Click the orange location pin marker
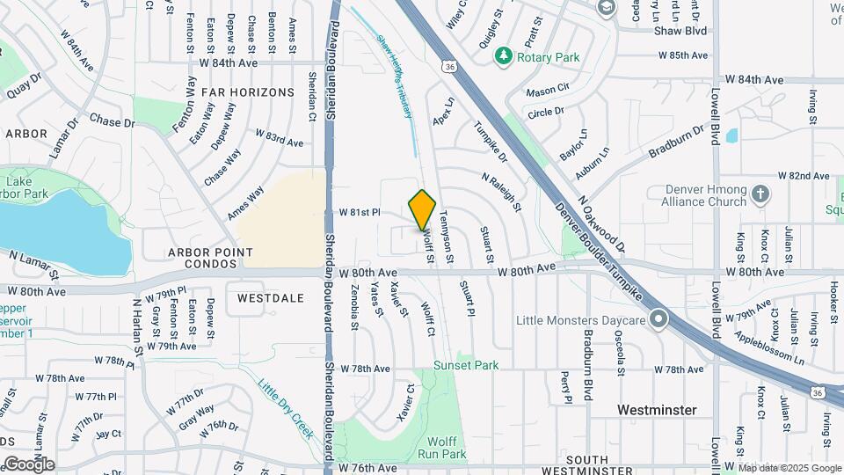(423, 209)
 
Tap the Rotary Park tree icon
(504, 57)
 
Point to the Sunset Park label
(466, 365)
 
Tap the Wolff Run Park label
(443, 448)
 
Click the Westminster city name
(657, 410)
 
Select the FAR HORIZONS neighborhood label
(247, 91)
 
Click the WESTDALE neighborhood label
(270, 298)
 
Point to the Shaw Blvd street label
(680, 30)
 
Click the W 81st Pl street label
(359, 213)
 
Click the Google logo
(28, 464)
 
